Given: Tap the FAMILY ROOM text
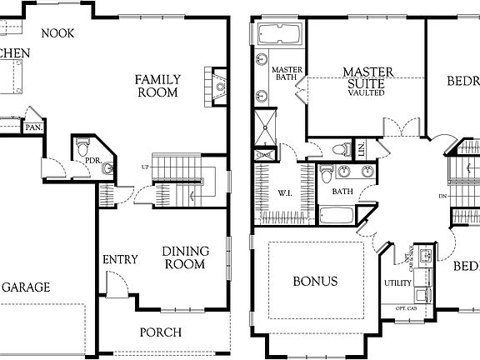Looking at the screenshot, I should pyautogui.click(x=158, y=86).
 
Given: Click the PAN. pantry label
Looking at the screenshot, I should pyautogui.click(x=33, y=127).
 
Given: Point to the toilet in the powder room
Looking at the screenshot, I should pyautogui.click(x=82, y=147).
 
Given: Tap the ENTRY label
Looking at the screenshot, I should pyautogui.click(x=120, y=259).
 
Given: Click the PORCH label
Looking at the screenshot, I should pyautogui.click(x=160, y=332).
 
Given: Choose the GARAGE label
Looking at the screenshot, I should pyautogui.click(x=25, y=287).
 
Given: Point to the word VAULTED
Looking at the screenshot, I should pyautogui.click(x=367, y=93).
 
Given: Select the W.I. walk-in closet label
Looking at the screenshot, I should pyautogui.click(x=283, y=195).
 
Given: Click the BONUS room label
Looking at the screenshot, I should pyautogui.click(x=315, y=281).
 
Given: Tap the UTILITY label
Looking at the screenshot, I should pyautogui.click(x=397, y=283).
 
